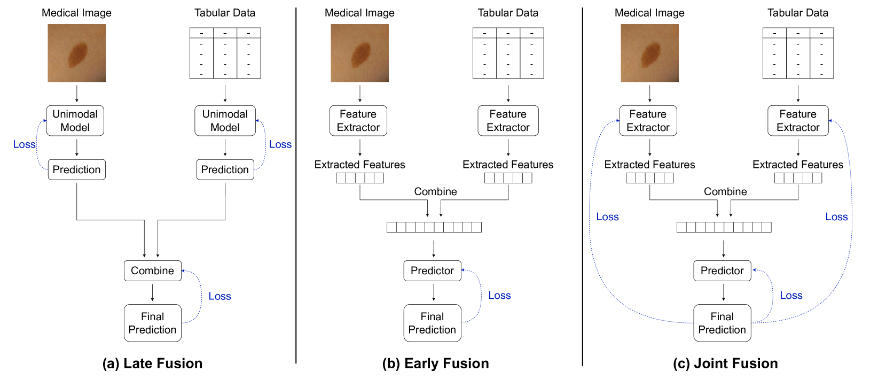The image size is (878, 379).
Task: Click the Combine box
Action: pyautogui.click(x=153, y=270)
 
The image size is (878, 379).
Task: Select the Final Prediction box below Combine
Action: pyautogui.click(x=153, y=323)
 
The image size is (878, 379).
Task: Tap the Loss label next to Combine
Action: pyautogui.click(x=219, y=296)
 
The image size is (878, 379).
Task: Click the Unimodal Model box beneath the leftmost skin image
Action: pyautogui.click(x=75, y=121)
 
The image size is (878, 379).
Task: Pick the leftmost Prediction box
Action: pyautogui.click(x=76, y=169)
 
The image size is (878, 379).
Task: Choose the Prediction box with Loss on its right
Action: pyautogui.click(x=225, y=169)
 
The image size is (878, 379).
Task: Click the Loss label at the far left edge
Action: pyautogui.click(x=25, y=144)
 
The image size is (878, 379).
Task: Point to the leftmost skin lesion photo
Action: pyautogui.click(x=76, y=53)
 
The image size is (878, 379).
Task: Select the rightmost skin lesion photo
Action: pyautogui.click(x=649, y=53)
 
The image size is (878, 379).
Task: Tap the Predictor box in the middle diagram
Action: pyautogui.click(x=432, y=270)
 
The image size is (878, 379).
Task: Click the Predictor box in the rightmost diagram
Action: pyautogui.click(x=722, y=270)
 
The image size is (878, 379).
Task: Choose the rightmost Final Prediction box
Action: pyautogui.click(x=722, y=323)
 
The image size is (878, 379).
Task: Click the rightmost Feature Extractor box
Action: pyautogui.click(x=798, y=121)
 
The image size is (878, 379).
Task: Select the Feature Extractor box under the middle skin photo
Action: pyautogui.click(x=358, y=121)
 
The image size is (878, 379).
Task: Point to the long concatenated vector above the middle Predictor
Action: pyautogui.click(x=434, y=227)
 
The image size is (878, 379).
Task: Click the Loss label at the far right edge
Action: pyautogui.click(x=836, y=216)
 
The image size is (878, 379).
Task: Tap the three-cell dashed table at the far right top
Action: pyautogui.click(x=798, y=33)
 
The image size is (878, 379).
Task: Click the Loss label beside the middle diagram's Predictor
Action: pyautogui.click(x=499, y=295)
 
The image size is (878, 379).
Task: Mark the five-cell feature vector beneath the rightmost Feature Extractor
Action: pyautogui.click(x=798, y=178)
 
